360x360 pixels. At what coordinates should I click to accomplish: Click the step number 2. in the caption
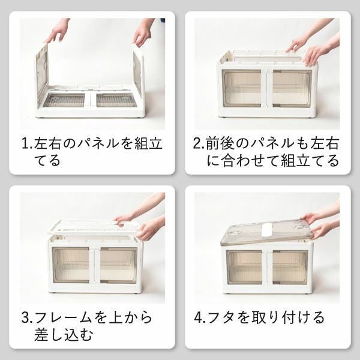199,144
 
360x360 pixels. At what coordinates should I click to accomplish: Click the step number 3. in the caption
28,317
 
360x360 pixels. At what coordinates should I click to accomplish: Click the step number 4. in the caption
199,317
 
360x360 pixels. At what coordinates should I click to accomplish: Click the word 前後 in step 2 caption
221,144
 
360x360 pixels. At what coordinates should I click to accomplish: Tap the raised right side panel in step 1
139,75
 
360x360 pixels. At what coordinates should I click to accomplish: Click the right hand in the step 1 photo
143,33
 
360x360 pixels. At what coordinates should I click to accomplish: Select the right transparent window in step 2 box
291,88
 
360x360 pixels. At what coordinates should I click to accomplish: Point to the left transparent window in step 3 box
71,265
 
